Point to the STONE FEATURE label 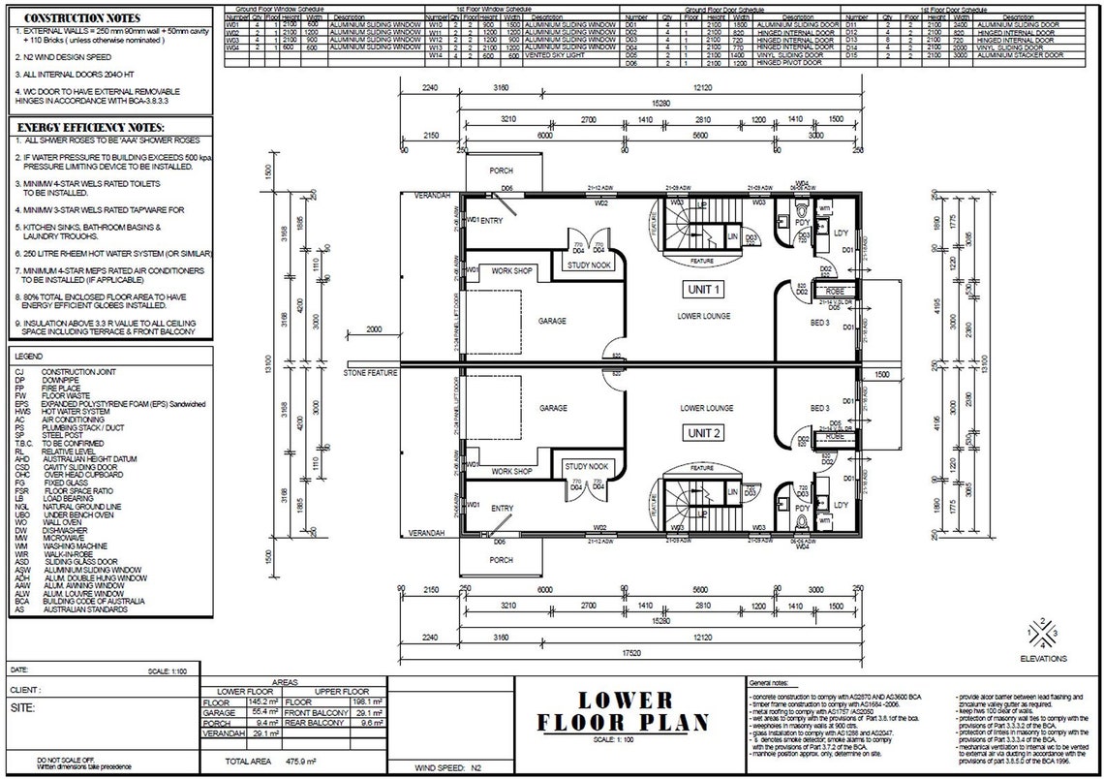click(x=370, y=372)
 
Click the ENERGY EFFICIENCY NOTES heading click(x=91, y=128)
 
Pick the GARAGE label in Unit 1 click(x=552, y=321)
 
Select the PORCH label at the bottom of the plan click(x=502, y=560)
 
